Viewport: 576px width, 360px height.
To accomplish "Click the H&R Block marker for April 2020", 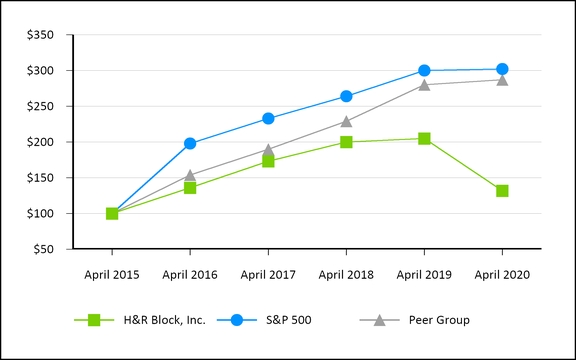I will [502, 191].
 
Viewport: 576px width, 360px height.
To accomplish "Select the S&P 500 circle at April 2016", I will [190, 144].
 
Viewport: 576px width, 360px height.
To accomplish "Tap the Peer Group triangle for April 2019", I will [424, 84].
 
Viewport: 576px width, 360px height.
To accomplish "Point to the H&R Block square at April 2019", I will [424, 139].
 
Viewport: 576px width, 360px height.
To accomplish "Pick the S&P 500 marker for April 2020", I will [502, 69].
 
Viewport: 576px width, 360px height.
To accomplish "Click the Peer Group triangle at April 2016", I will [190, 175].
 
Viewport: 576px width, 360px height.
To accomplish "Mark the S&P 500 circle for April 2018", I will [346, 97].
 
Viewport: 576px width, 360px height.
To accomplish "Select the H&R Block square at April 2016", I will [190, 188].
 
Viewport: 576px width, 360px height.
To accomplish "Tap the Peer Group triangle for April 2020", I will [502, 80].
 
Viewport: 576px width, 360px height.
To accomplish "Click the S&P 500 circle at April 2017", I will [268, 118].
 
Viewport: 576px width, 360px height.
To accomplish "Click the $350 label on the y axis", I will [41, 35].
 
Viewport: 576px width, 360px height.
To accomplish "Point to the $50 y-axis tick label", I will [44, 249].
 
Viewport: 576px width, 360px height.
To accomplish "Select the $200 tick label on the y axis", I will [41, 142].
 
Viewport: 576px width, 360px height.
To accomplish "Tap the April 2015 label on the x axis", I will [112, 274].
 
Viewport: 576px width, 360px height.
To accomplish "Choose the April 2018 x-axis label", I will [346, 274].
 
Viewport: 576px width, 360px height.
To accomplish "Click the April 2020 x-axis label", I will [502, 274].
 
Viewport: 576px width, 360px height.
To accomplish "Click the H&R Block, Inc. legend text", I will [166, 320].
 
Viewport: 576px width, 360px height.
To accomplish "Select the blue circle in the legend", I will [236, 320].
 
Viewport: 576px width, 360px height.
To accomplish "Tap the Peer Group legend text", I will [439, 320].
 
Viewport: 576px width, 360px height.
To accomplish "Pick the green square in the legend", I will [94, 320].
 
